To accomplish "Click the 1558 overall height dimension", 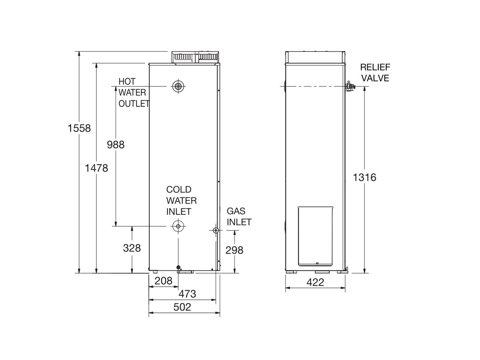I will click(80, 128).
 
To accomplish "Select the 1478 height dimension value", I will click(96, 168).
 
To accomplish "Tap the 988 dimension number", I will click(116, 144).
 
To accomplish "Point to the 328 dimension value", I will click(132, 248).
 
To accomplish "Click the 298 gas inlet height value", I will click(234, 250).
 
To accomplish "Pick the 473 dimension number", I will click(187, 294).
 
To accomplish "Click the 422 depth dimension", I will click(315, 282).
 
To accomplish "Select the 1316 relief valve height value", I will click(365, 177).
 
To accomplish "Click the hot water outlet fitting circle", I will click(177, 86).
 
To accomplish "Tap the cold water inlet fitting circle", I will click(177, 226).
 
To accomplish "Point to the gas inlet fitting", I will click(216, 230).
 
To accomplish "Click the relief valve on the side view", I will click(350, 86).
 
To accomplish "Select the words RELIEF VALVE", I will click(375, 72).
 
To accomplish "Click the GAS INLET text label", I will click(239, 216).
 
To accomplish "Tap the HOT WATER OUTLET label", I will click(134, 92).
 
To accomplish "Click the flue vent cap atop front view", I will click(195, 57).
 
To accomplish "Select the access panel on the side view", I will click(316, 236).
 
